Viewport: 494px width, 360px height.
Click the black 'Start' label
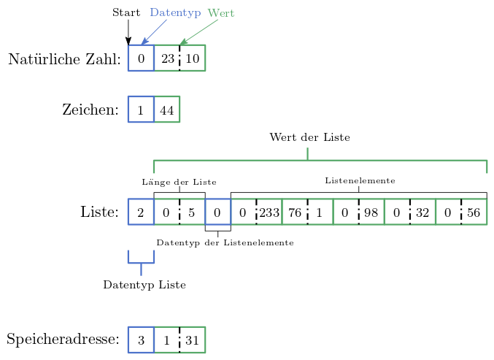pyautogui.click(x=126, y=13)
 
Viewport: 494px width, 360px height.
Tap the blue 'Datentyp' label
pyautogui.click(x=175, y=13)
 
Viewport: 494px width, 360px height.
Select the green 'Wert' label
pyautogui.click(x=221, y=13)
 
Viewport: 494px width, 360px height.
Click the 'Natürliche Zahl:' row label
pyautogui.click(x=64, y=59)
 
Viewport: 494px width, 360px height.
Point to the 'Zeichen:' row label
pyautogui.click(x=90, y=110)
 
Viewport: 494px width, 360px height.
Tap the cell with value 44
pyautogui.click(x=167, y=110)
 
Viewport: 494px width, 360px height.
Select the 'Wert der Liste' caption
pyautogui.click(x=309, y=137)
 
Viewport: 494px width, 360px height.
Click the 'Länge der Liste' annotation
pyautogui.click(x=179, y=182)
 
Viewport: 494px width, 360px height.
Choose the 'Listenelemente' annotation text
pyautogui.click(x=360, y=180)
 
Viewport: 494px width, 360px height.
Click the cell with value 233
pyautogui.click(x=269, y=212)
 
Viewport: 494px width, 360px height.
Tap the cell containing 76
pyautogui.click(x=295, y=212)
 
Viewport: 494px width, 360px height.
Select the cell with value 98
pyautogui.click(x=371, y=212)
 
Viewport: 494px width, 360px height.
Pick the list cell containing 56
pyautogui.click(x=474, y=212)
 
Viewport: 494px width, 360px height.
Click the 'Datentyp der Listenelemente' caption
pyautogui.click(x=225, y=242)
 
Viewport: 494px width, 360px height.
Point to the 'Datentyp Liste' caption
pyautogui.click(x=144, y=285)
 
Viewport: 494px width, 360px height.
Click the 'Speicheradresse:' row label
pyautogui.click(x=63, y=340)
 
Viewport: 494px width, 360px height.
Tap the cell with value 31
pyautogui.click(x=193, y=340)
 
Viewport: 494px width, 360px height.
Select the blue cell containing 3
pyautogui.click(x=141, y=340)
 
